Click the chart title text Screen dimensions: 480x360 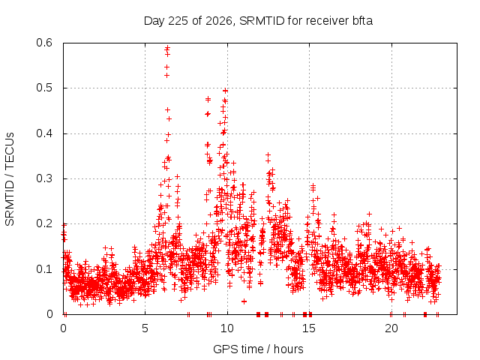(258, 21)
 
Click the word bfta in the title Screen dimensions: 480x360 (361, 20)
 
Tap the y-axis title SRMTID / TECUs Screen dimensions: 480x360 (10, 179)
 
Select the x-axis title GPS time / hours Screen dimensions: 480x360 (258, 349)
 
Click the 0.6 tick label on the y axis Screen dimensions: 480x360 (44, 43)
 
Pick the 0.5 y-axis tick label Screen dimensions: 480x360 (44, 88)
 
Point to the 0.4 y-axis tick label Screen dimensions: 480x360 (44, 133)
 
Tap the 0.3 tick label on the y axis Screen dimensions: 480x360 (44, 178)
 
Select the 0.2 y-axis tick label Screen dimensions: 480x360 (44, 223)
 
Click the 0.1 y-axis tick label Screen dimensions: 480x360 (44, 269)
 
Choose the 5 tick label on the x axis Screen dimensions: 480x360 (145, 328)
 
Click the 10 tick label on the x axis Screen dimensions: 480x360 (227, 328)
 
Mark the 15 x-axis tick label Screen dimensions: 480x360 (309, 328)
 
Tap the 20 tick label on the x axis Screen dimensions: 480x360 (391, 328)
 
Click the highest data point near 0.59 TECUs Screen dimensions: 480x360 (167, 48)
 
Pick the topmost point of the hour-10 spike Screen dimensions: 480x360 (226, 91)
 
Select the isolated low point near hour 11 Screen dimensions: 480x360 (244, 301)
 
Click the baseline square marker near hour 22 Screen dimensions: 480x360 (425, 314)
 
